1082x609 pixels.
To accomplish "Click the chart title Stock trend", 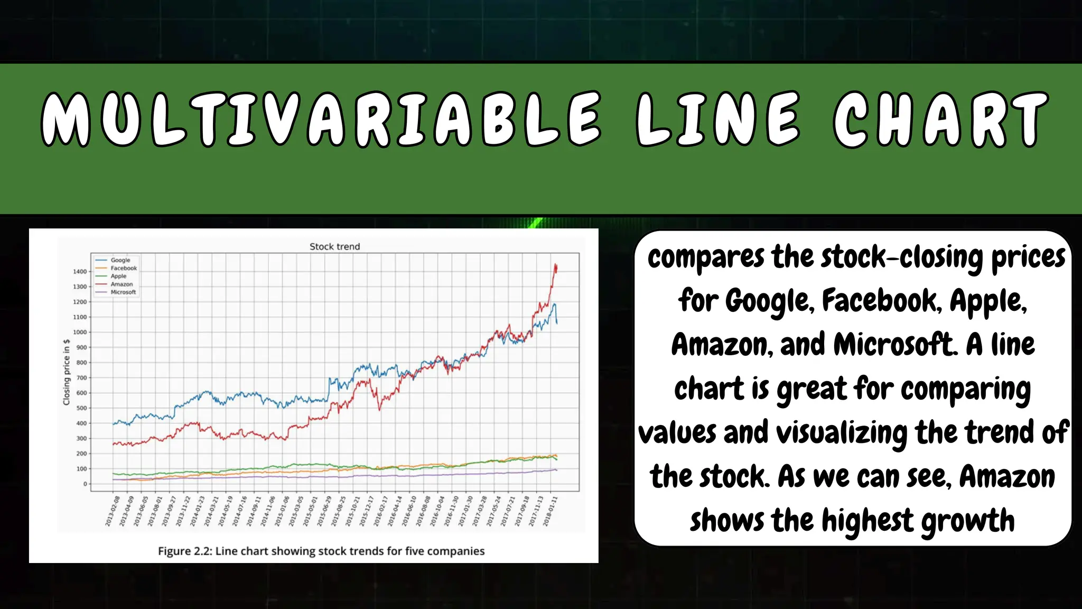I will click(x=334, y=246).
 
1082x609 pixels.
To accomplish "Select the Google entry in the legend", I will click(x=120, y=260).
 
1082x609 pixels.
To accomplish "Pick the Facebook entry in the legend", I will click(x=124, y=268).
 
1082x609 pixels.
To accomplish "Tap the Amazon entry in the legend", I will click(x=122, y=284).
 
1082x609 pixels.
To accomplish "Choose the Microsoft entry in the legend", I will click(x=123, y=292).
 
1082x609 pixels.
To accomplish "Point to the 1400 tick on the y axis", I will click(x=80, y=272).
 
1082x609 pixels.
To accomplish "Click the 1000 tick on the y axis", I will click(x=80, y=333).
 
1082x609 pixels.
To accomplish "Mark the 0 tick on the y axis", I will click(x=85, y=484).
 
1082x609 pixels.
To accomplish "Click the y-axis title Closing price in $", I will click(x=67, y=372).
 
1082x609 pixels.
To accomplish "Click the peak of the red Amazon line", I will click(x=555, y=264).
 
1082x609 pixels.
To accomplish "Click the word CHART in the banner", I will click(x=940, y=119).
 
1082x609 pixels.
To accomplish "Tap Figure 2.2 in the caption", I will click(x=184, y=551).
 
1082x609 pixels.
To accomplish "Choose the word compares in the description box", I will click(x=705, y=257).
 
